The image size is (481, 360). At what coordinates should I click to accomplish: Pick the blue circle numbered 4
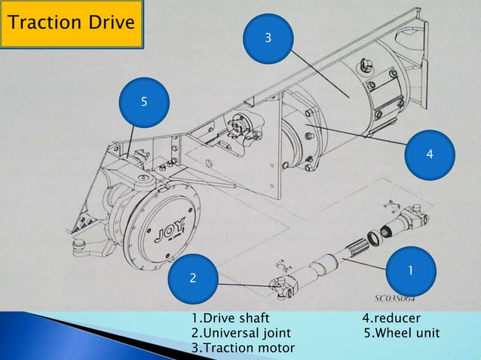click(x=429, y=154)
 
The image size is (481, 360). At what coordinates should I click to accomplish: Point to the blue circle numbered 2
click(x=193, y=279)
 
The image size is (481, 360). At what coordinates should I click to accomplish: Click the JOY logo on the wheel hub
click(x=162, y=225)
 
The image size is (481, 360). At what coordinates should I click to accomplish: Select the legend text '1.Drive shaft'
click(x=230, y=319)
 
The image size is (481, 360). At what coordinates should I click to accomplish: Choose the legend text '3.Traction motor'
click(x=243, y=347)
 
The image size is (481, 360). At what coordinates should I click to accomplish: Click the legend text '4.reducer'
click(x=391, y=319)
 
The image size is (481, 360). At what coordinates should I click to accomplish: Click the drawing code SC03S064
click(x=397, y=297)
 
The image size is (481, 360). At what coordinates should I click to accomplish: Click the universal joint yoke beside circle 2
click(x=282, y=284)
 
